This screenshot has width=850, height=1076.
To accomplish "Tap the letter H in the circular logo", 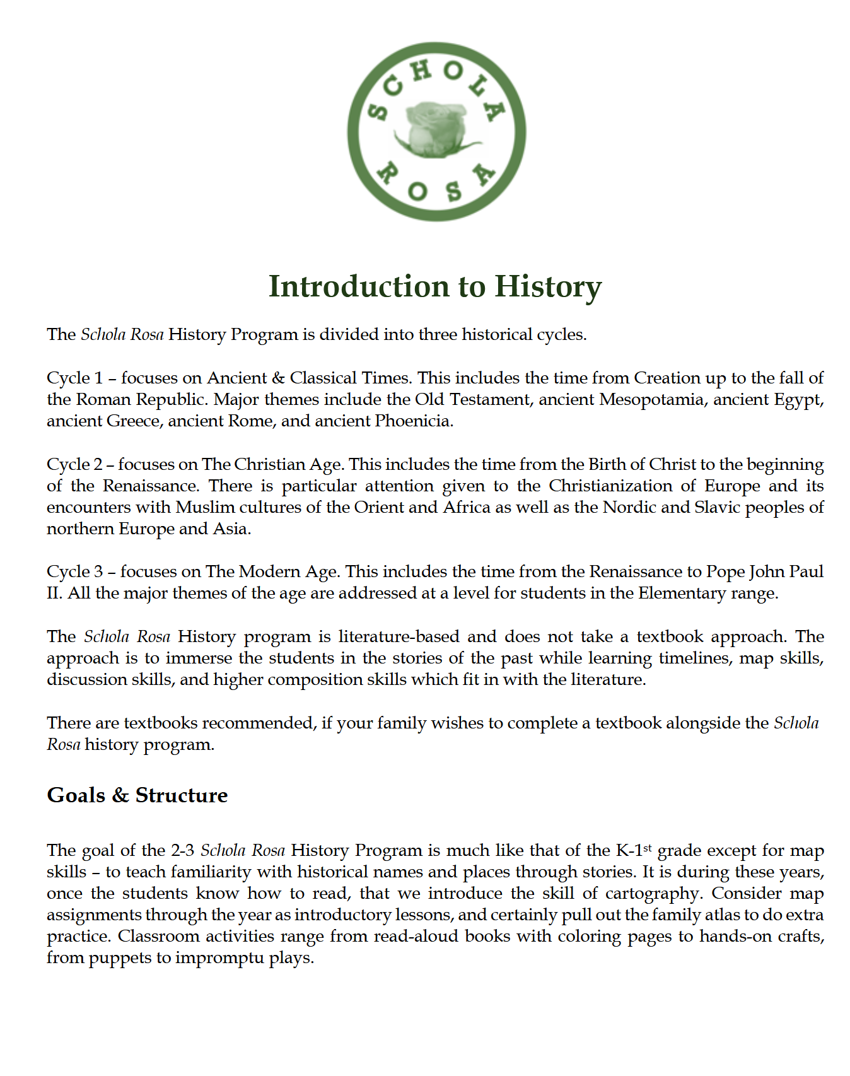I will click(x=421, y=71).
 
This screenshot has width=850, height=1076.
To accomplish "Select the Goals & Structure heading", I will click(x=137, y=795).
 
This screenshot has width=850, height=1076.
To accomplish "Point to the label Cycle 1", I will click(x=74, y=378).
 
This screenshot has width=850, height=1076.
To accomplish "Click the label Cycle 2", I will click(x=74, y=464).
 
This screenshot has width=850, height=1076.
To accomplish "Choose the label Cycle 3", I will click(x=74, y=571).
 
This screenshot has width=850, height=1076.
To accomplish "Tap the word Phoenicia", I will click(x=414, y=421).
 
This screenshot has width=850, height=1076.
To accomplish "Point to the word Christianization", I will click(x=611, y=486).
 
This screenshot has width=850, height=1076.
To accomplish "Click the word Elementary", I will click(x=681, y=593).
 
